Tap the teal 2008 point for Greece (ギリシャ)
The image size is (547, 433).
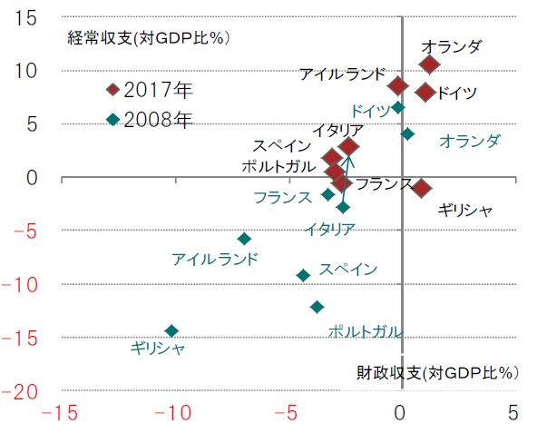[171, 330]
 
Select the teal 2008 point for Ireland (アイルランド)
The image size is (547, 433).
[244, 239]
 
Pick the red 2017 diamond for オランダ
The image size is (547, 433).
[429, 64]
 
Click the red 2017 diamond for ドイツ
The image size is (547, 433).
[425, 92]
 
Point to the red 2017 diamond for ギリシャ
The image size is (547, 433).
[421, 188]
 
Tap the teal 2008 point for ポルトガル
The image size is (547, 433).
[317, 307]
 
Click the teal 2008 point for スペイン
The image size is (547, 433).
[303, 275]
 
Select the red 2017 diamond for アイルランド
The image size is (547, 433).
[397, 85]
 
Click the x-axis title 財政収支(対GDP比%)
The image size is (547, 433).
[435, 372]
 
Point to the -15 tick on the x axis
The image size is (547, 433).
[56, 413]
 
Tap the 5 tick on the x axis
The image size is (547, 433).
[514, 413]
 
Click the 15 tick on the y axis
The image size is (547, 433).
[26, 17]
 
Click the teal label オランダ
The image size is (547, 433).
[469, 141]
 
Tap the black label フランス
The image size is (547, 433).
[385, 183]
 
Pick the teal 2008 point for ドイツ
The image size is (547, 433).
[398, 107]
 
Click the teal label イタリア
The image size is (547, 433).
[329, 228]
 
